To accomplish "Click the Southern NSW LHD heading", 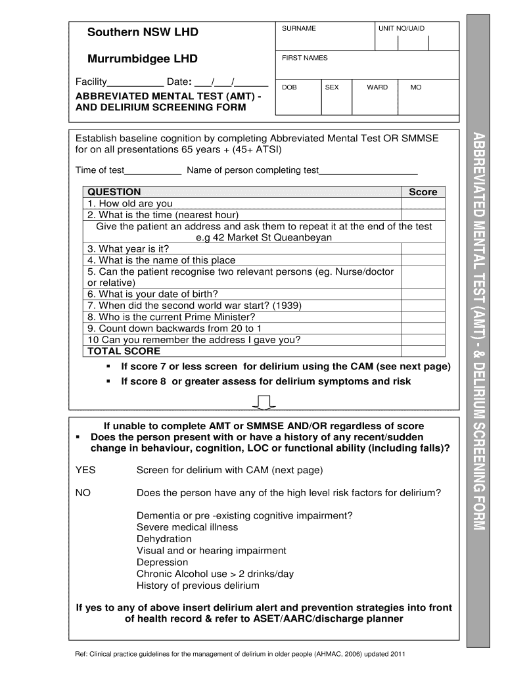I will click(143, 32).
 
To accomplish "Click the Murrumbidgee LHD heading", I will click(143, 59).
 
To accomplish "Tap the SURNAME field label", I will click(298, 28).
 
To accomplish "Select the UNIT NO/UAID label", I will click(401, 28).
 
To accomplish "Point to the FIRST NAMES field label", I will click(304, 58).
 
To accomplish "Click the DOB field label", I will click(289, 87).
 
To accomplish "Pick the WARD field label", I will click(377, 87).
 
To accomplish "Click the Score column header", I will click(423, 192).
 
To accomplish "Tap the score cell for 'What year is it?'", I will click(423, 248).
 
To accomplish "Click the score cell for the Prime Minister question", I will click(423, 317).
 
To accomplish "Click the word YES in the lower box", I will click(85, 470).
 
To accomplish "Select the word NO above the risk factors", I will click(83, 492).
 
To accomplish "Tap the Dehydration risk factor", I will click(164, 539).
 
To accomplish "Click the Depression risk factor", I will click(162, 562).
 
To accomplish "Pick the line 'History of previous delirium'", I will click(198, 586).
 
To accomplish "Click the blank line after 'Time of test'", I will click(152, 171).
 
